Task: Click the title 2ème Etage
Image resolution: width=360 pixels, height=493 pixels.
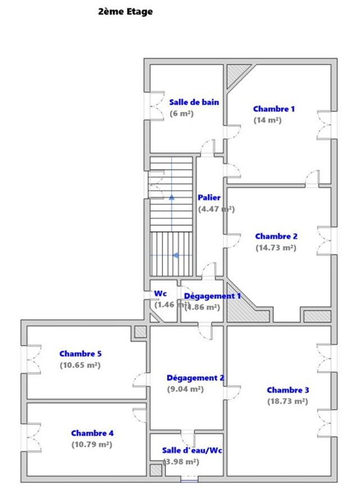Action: (125, 11)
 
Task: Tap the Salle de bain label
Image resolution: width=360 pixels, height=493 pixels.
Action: (194, 102)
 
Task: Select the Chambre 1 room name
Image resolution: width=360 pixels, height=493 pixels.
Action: (273, 109)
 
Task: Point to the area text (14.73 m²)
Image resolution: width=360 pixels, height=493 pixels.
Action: (276, 248)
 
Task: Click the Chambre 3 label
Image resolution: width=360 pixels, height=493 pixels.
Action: (287, 390)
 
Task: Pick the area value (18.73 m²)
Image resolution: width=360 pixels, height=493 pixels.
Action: (287, 401)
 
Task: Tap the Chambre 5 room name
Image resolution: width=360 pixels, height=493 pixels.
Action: (80, 354)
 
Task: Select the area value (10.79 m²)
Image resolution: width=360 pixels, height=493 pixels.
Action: (92, 445)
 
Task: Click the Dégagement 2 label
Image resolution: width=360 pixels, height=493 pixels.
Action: (196, 378)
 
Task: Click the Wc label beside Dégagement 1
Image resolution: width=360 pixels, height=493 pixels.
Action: (160, 294)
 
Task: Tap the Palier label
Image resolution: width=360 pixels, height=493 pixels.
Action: (209, 198)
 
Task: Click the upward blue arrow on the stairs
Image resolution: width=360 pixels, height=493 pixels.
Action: (172, 198)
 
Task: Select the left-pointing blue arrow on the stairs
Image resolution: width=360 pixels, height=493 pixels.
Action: (175, 256)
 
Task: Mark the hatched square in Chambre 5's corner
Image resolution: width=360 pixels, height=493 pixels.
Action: (140, 332)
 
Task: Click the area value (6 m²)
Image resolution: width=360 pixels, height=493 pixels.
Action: (182, 113)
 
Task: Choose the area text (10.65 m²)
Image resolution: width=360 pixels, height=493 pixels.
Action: (80, 365)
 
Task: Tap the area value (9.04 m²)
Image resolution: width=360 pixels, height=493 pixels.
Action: (185, 389)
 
